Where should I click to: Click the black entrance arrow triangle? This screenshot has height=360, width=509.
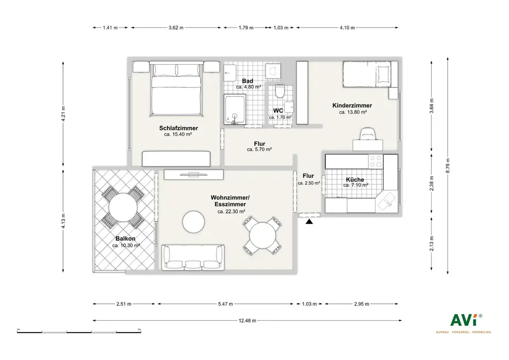(x=309, y=221)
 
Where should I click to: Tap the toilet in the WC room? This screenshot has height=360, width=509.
(x=279, y=91)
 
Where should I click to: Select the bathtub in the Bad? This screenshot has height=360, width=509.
(x=235, y=109)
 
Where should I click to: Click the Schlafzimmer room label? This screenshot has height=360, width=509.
(x=178, y=128)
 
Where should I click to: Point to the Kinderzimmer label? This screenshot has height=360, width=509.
(x=352, y=105)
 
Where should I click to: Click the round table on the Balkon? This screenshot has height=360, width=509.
(x=123, y=207)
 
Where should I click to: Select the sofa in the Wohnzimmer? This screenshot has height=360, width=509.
(x=193, y=258)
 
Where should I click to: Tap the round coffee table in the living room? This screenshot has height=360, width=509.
(x=193, y=221)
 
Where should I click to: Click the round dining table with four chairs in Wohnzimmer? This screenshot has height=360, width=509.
(x=262, y=235)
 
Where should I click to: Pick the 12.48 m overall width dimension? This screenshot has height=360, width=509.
(x=247, y=321)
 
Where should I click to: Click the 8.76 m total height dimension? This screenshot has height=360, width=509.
(x=448, y=165)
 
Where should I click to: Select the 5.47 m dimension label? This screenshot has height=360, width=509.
(x=225, y=304)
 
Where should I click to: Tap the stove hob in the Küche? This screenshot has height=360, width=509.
(x=376, y=161)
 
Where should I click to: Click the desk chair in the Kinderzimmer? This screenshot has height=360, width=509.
(x=368, y=133)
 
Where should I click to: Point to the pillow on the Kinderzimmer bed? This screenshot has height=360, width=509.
(x=383, y=74)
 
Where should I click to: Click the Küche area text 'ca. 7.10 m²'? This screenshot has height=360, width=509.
(x=356, y=185)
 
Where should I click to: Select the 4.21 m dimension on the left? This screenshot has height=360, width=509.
(x=63, y=114)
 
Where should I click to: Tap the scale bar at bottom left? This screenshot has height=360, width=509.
(x=79, y=332)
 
